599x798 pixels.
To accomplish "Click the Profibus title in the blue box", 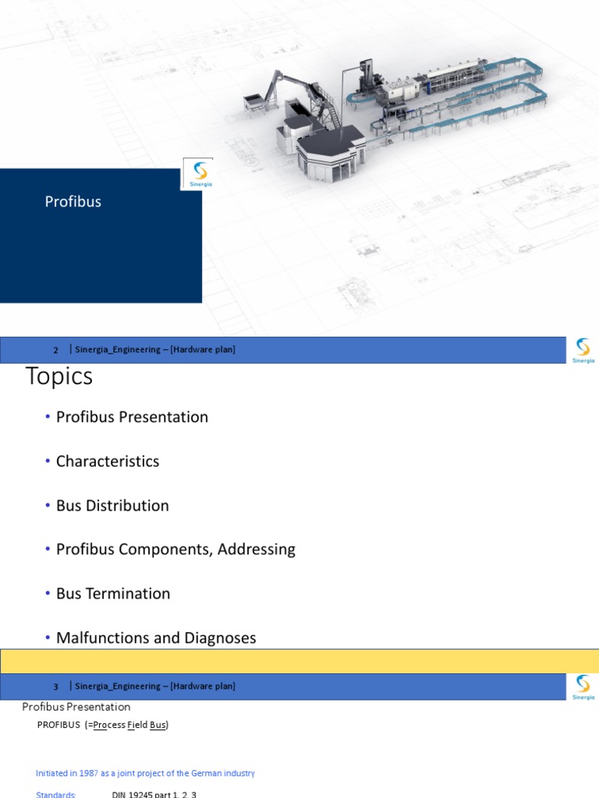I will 73,202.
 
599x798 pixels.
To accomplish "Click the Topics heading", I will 59,376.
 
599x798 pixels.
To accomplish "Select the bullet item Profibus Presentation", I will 132,417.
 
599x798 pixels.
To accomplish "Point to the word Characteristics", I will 108,461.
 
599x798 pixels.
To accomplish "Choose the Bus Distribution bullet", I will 112,506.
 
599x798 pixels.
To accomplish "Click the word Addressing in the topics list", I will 257,549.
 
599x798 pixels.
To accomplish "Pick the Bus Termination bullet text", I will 113,594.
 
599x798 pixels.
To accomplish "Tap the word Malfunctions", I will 103,638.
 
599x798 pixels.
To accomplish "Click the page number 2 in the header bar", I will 56,350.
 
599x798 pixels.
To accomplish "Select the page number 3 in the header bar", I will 56,687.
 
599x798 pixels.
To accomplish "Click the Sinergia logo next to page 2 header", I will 583,350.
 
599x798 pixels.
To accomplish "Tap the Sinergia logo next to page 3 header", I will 583,687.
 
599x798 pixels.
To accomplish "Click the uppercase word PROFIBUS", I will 58,725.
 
